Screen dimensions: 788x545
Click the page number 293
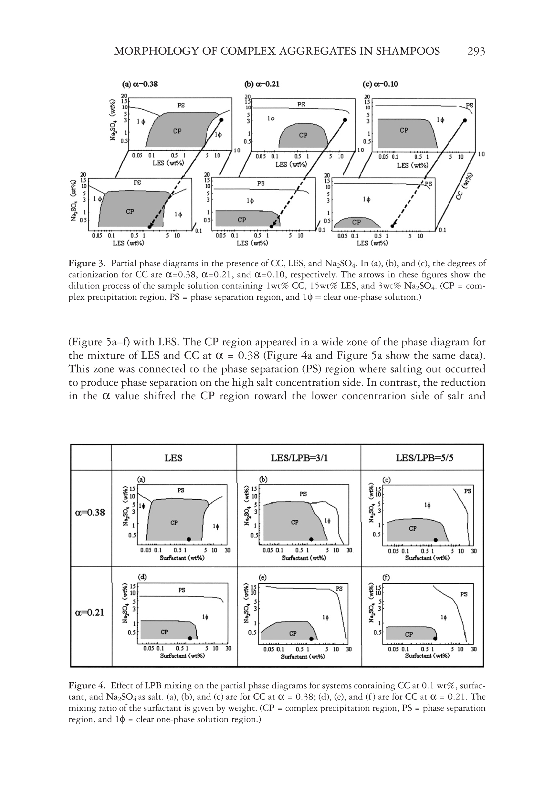coord(476,52)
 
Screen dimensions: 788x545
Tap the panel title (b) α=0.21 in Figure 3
coord(262,84)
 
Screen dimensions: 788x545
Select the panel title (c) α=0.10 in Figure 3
coord(381,84)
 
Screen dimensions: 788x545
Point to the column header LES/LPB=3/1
coord(299,458)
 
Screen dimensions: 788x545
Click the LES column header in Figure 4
coord(173,458)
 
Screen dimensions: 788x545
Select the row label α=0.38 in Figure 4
coord(90,513)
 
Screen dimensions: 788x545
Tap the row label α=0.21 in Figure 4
coord(89,612)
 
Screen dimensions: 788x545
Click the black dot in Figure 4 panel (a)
coord(189,539)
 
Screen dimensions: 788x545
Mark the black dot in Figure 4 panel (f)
coord(435,638)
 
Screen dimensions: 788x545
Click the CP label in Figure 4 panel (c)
coord(413,529)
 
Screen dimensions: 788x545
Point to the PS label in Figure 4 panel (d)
coord(182,590)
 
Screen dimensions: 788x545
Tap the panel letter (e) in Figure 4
coord(263,578)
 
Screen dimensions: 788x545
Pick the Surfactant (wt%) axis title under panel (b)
coord(304,558)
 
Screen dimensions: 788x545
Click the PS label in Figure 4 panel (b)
coord(303,494)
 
